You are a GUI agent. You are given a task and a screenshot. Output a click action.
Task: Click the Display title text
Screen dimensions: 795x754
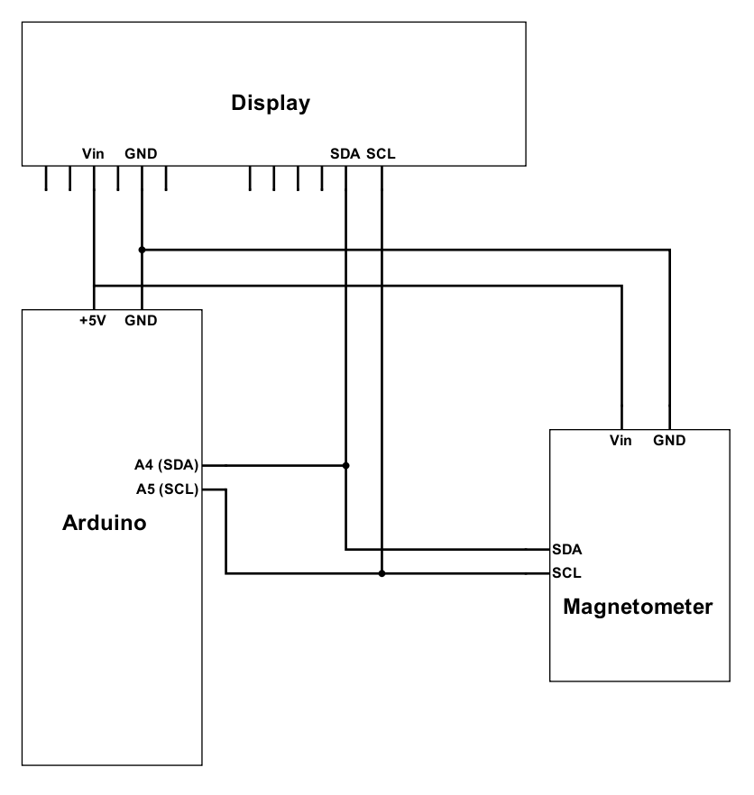click(x=271, y=103)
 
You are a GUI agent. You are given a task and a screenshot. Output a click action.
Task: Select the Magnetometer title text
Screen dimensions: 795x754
click(x=638, y=606)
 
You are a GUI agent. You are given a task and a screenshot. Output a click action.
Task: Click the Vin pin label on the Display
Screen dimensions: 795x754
click(x=93, y=154)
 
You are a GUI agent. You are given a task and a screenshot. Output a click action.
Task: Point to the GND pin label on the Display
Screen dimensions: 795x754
click(x=142, y=154)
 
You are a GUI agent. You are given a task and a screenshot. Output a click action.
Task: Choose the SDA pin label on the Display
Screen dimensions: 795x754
click(x=345, y=154)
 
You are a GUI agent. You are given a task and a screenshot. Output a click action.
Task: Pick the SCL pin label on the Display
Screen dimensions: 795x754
click(x=380, y=154)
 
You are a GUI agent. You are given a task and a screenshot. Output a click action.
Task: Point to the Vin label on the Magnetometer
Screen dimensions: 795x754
click(x=621, y=441)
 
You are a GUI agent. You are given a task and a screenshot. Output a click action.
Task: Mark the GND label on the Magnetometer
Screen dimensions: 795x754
click(x=669, y=441)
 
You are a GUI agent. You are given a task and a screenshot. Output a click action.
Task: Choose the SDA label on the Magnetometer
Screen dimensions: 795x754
click(x=566, y=549)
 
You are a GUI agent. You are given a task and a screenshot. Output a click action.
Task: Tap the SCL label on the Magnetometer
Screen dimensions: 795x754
click(x=566, y=572)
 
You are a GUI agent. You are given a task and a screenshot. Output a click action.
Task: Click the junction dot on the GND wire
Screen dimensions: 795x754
click(x=142, y=249)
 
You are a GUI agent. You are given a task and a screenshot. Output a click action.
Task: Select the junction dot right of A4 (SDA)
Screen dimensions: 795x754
click(x=345, y=466)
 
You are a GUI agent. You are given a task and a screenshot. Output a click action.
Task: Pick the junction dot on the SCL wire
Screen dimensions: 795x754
click(x=382, y=573)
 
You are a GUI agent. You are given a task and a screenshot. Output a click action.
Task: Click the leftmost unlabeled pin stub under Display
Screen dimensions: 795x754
click(x=45, y=178)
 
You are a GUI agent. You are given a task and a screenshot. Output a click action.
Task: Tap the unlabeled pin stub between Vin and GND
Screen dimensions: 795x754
click(x=118, y=178)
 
